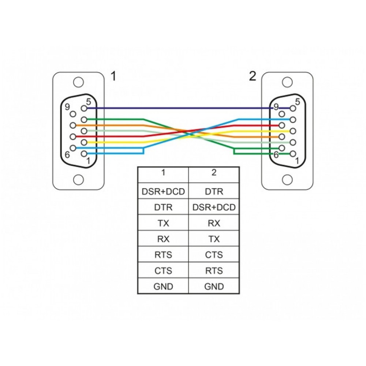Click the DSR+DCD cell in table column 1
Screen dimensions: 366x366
click(x=163, y=191)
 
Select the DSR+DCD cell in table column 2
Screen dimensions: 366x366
click(x=214, y=207)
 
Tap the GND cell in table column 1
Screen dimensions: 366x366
click(x=163, y=287)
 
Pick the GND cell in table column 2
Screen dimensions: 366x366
click(x=214, y=287)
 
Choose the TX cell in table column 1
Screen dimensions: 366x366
click(x=163, y=223)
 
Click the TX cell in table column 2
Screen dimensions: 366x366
click(x=214, y=239)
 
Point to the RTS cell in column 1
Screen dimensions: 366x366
click(x=163, y=255)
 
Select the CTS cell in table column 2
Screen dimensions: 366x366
click(x=214, y=255)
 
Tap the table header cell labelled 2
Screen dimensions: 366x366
click(x=214, y=172)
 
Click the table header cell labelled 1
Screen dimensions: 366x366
click(x=163, y=172)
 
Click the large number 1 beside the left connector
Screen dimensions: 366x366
click(x=113, y=76)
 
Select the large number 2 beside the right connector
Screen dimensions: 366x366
click(x=253, y=76)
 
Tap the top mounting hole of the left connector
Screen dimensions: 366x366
click(x=78, y=82)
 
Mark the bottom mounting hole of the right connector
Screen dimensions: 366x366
click(x=287, y=180)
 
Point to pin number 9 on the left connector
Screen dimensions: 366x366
click(x=67, y=107)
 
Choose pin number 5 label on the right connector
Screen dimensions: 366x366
click(x=297, y=102)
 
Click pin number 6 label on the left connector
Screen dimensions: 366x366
click(x=67, y=154)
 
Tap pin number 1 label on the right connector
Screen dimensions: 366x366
click(x=297, y=161)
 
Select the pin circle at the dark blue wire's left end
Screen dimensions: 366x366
click(x=84, y=108)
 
